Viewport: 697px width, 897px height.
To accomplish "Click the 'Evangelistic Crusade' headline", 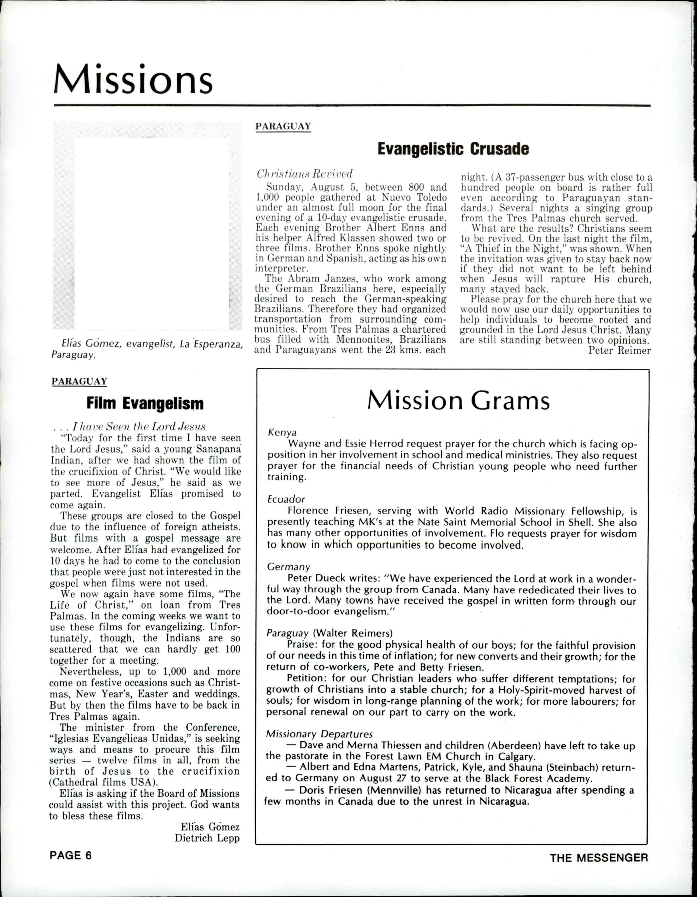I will [x=453, y=149].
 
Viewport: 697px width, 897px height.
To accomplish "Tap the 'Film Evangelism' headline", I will [x=145, y=404].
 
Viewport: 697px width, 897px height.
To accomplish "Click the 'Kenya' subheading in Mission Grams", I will [x=282, y=432].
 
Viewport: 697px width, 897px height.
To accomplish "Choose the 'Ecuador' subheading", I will [x=286, y=499].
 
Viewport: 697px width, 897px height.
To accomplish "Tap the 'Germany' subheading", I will [x=288, y=567].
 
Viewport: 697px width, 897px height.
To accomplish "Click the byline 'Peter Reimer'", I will [x=620, y=350].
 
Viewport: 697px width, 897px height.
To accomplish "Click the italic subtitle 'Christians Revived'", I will [x=304, y=174].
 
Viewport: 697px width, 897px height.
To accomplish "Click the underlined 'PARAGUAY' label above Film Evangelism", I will [x=79, y=381].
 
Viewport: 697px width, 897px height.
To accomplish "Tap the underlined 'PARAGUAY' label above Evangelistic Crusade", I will [x=283, y=126].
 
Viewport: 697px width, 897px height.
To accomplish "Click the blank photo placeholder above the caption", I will [x=152, y=233].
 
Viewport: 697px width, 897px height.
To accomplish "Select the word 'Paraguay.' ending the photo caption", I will [x=73, y=355].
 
